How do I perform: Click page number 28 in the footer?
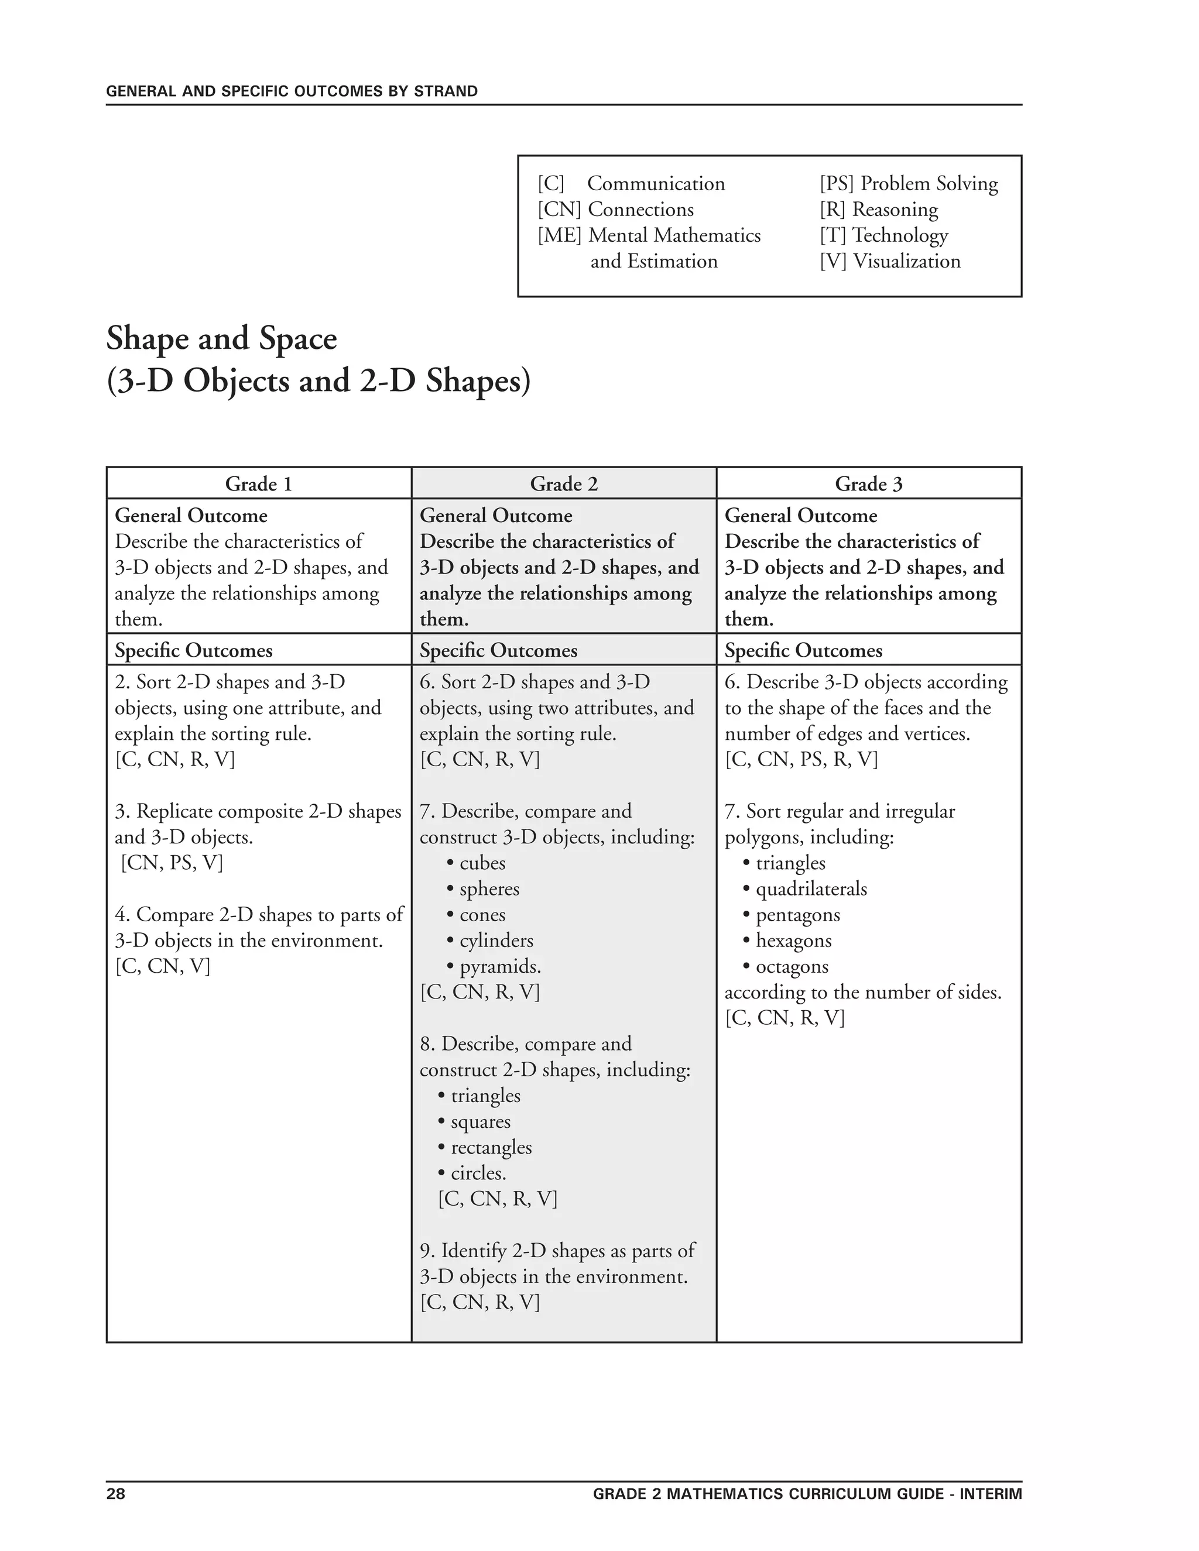pos(116,1494)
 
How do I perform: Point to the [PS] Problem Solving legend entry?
pos(909,183)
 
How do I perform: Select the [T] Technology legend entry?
pos(883,235)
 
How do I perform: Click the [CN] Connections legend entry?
pos(615,210)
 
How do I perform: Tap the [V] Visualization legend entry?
pos(889,262)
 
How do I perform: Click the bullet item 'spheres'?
pos(489,889)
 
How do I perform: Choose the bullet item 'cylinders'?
pos(496,941)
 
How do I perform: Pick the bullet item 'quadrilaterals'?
pos(810,889)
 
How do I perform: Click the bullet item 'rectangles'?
pos(491,1148)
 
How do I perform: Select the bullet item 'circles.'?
pos(478,1173)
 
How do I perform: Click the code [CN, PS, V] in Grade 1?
pos(172,863)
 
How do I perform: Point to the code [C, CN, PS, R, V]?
pos(801,759)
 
